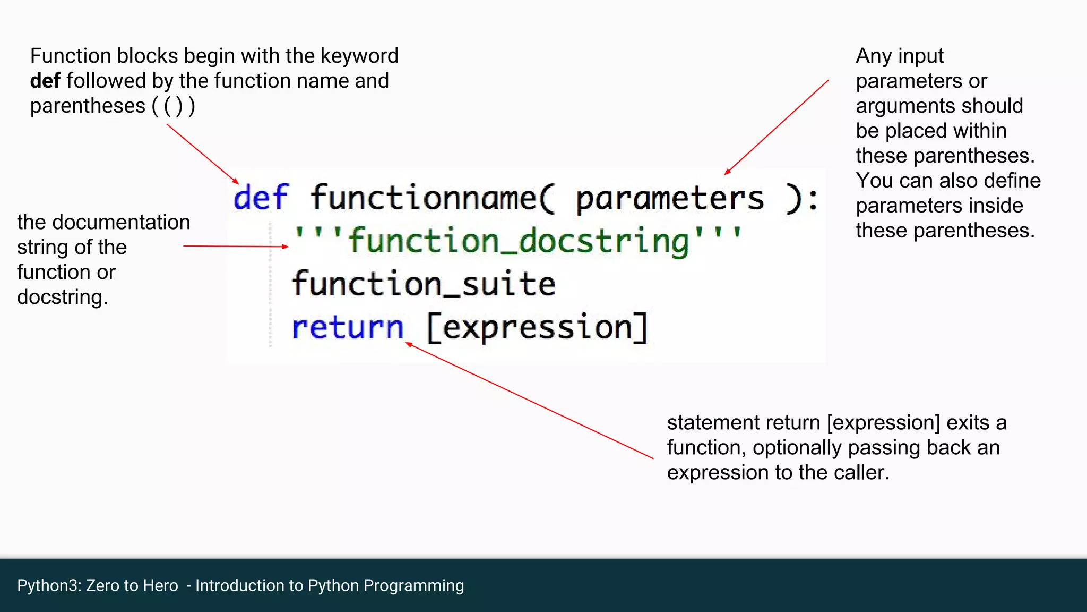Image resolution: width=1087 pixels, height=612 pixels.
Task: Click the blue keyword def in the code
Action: pyautogui.click(x=261, y=198)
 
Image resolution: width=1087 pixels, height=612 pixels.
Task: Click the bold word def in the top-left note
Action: pyautogui.click(x=45, y=81)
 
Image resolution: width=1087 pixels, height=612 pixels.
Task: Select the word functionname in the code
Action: pyautogui.click(x=423, y=198)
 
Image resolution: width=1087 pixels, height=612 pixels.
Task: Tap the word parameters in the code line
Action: pyautogui.click(x=670, y=199)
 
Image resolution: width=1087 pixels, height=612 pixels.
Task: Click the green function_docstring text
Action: pyautogui.click(x=518, y=241)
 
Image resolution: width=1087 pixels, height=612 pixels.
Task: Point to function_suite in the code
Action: pyautogui.click(x=423, y=284)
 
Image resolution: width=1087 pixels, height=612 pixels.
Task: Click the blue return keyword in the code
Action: pyautogui.click(x=348, y=327)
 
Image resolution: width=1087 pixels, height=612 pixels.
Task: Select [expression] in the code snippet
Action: pyautogui.click(x=537, y=327)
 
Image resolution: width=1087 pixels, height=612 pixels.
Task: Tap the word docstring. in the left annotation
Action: pyautogui.click(x=62, y=297)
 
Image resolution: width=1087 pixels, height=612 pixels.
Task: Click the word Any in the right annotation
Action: pyautogui.click(x=873, y=56)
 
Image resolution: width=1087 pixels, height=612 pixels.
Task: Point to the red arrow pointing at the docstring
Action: pyautogui.click(x=236, y=246)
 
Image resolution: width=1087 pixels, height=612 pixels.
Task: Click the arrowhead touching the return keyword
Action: pyautogui.click(x=409, y=345)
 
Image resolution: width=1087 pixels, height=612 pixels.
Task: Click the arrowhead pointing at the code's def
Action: pyautogui.click(x=236, y=181)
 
